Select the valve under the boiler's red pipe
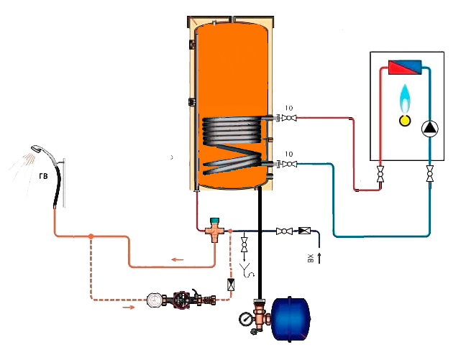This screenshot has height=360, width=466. click(380, 173)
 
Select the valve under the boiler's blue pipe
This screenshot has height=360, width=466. click(429, 173)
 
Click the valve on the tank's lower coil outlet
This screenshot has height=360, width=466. click(289, 165)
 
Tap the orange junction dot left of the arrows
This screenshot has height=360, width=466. click(91, 235)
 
